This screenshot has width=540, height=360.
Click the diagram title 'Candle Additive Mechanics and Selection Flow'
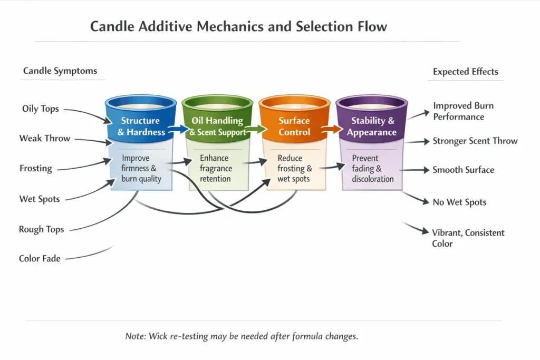point(238,27)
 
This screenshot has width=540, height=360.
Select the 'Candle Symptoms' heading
point(60,71)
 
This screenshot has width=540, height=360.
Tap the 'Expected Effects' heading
point(465,72)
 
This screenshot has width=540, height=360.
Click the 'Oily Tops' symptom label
point(41,109)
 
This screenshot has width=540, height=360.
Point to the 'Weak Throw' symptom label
point(45,139)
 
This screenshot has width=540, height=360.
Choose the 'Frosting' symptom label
point(36,169)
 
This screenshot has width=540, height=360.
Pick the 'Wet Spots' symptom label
point(40,199)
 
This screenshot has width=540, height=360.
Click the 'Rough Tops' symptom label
point(41,229)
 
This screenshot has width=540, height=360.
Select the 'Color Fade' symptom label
point(40,259)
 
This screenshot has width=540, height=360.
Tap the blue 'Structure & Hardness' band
point(140,127)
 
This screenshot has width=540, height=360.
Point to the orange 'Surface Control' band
point(294,127)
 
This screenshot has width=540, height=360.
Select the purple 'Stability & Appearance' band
point(372,127)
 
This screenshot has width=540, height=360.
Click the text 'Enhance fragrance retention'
point(216,168)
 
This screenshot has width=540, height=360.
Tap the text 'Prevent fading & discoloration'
point(372,169)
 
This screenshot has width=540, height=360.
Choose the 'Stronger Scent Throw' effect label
point(475,141)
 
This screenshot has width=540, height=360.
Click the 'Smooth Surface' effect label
point(463,170)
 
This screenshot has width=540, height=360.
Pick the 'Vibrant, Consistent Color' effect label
point(468,238)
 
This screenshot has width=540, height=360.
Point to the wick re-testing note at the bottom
point(242,336)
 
